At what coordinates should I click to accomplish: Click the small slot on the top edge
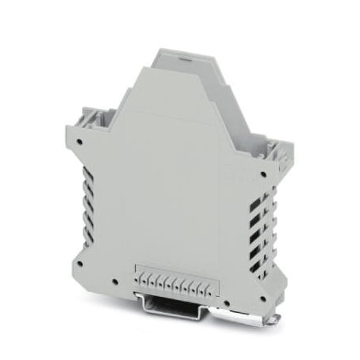point(183,59)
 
